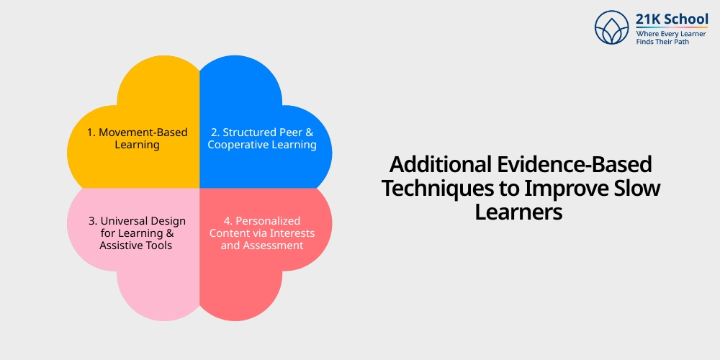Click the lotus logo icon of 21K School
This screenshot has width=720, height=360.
[x=611, y=27]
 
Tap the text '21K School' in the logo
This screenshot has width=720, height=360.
[x=672, y=19]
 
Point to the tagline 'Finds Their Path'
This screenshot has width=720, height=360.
[x=660, y=42]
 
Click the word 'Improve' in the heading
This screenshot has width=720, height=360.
[x=567, y=189]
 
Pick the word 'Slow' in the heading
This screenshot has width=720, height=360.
[x=636, y=189]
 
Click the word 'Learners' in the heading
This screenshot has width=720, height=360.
[x=518, y=212]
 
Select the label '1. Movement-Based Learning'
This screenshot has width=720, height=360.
[x=137, y=138]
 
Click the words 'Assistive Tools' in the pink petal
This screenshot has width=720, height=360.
[x=137, y=246]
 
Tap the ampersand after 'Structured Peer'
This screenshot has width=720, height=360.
[x=310, y=132]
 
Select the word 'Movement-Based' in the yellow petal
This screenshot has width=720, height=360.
[x=143, y=132]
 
